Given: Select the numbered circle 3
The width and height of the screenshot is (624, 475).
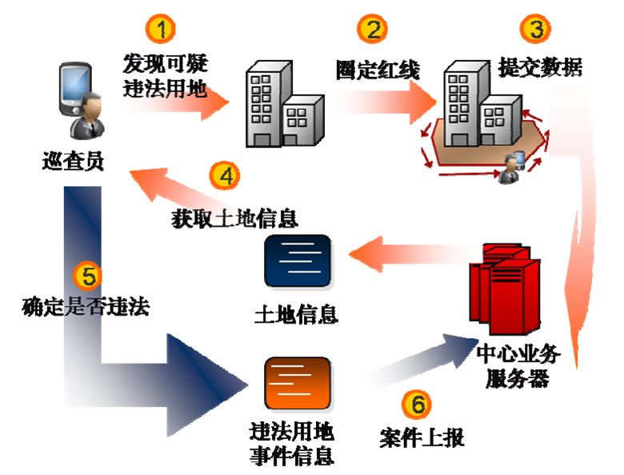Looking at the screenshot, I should [x=536, y=30].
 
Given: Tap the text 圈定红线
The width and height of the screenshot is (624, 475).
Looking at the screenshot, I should [x=378, y=70].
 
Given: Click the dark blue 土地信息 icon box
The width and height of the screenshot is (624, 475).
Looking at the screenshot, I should [x=297, y=261].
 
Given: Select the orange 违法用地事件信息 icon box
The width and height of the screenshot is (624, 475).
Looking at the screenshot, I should [x=297, y=384].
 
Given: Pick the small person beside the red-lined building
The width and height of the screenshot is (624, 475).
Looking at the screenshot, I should [x=510, y=167].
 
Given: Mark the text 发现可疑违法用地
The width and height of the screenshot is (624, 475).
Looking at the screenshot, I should [x=165, y=76].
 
